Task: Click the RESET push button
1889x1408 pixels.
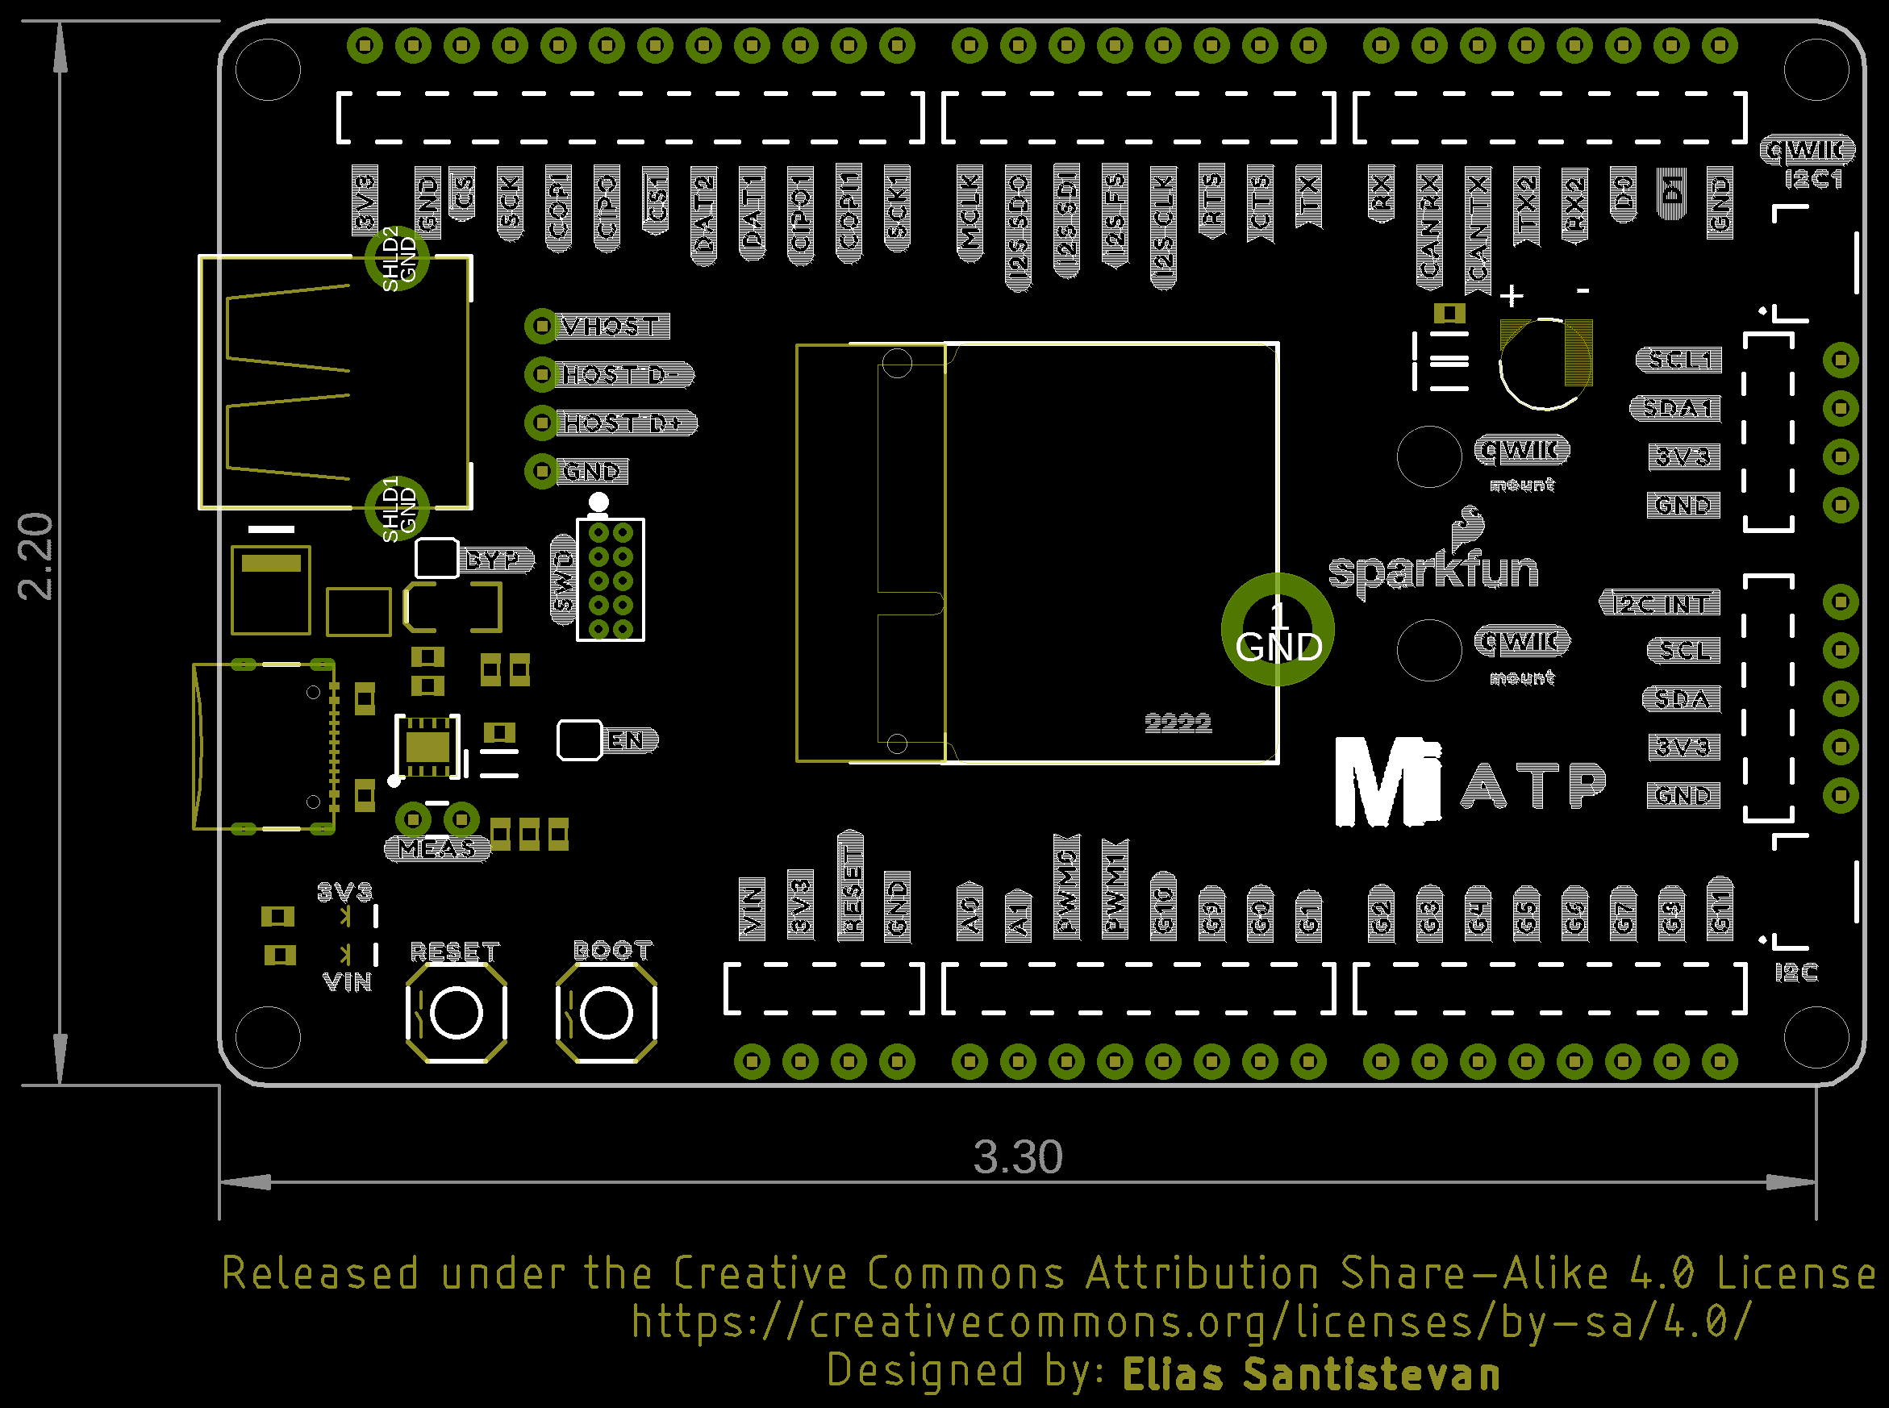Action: coord(456,1014)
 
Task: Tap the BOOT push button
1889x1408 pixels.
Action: coord(606,1014)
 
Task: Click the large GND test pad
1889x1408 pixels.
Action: coord(1277,630)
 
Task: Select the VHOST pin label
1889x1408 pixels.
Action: coord(612,327)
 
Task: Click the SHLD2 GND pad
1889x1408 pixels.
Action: coord(396,258)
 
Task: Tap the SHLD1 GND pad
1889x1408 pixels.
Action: coord(396,509)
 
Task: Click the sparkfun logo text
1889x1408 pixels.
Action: coord(1433,569)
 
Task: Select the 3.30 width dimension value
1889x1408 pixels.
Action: coord(1018,1156)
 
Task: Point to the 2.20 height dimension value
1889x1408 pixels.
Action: coord(35,556)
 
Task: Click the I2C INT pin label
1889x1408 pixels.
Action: coord(1660,603)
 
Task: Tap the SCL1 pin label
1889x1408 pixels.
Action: coord(1678,360)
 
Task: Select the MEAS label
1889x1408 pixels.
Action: coord(437,849)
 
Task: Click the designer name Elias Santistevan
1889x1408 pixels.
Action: coord(1311,1375)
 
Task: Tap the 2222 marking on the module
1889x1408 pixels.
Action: coord(1178,723)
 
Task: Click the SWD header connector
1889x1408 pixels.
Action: coord(611,581)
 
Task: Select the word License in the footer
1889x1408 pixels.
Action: coord(1795,1274)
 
